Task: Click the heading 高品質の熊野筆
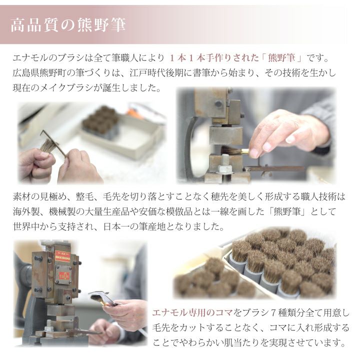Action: point(68,25)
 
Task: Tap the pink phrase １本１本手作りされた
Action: point(214,58)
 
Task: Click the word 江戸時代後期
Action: point(156,73)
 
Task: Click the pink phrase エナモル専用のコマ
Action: point(192,313)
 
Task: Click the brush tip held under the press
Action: point(229,150)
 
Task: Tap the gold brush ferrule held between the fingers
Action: point(244,151)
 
